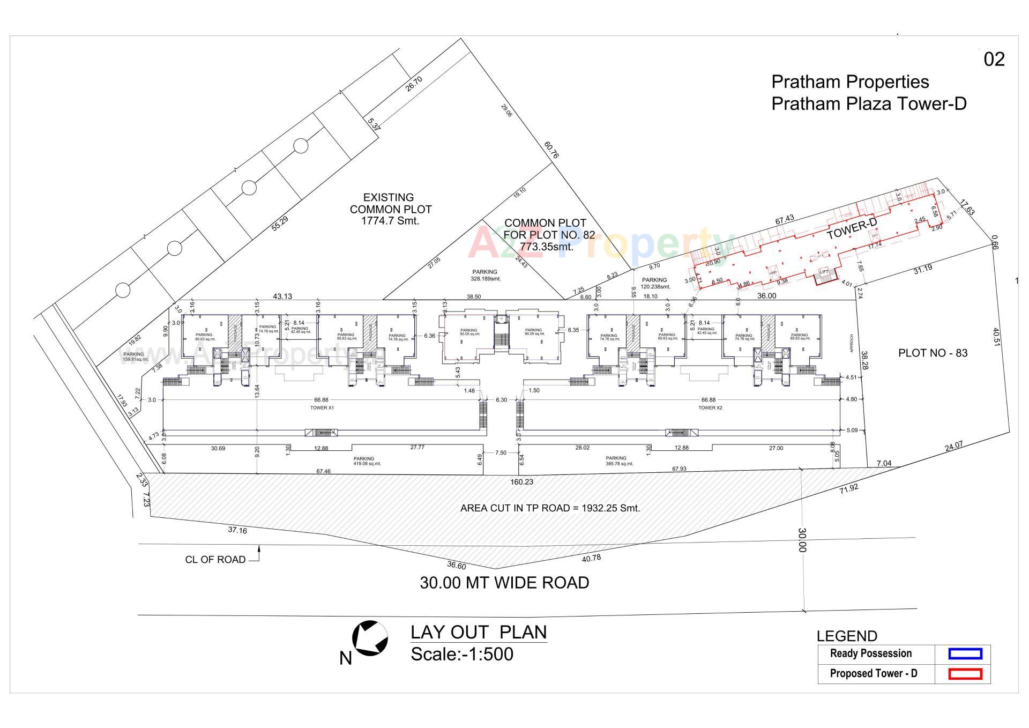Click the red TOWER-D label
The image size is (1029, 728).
tap(851, 229)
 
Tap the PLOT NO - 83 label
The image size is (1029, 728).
tap(933, 353)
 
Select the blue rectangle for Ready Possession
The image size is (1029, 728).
tap(965, 653)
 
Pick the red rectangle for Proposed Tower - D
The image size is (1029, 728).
tap(965, 674)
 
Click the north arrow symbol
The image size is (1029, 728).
tap(370, 638)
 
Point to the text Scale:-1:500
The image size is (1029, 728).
tap(461, 654)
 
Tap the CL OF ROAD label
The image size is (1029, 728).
tap(215, 560)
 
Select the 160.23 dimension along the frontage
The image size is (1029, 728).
tap(521, 482)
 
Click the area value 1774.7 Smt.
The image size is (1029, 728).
tap(391, 221)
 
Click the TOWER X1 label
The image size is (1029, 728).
tap(322, 408)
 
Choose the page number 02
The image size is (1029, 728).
tap(994, 60)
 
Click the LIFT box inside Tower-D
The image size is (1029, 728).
tap(824, 272)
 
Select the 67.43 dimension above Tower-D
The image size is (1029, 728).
tap(784, 220)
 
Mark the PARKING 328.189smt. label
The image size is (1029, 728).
tap(485, 275)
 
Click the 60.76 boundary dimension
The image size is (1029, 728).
tap(551, 150)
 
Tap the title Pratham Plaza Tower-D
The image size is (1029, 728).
tap(868, 103)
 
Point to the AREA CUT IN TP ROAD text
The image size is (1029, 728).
tap(550, 508)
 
